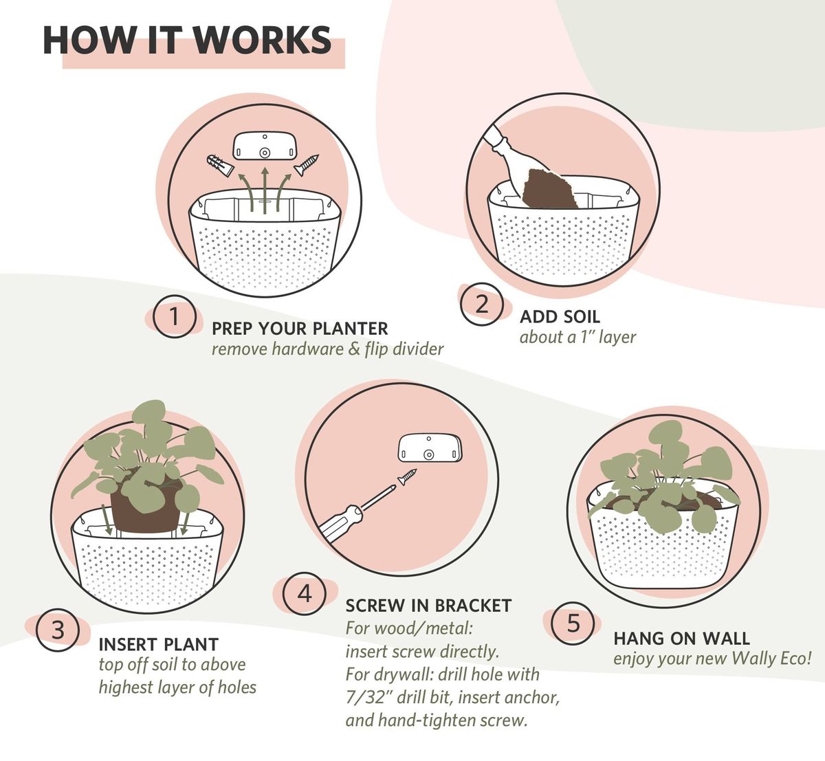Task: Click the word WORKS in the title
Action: pyautogui.click(x=262, y=41)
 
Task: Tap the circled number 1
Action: pyautogui.click(x=174, y=316)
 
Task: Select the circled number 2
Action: pyautogui.click(x=481, y=305)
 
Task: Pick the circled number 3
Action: pyautogui.click(x=58, y=630)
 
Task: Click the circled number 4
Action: pyautogui.click(x=305, y=594)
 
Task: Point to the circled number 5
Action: pyautogui.click(x=573, y=624)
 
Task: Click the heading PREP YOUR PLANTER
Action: pyautogui.click(x=300, y=329)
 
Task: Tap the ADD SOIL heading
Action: pyautogui.click(x=560, y=316)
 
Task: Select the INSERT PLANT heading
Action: pyautogui.click(x=159, y=645)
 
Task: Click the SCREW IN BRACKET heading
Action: pyautogui.click(x=428, y=606)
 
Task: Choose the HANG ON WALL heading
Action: pyautogui.click(x=682, y=639)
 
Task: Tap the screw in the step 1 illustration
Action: pyautogui.click(x=307, y=164)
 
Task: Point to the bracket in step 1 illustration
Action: pyautogui.click(x=265, y=146)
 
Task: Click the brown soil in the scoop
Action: pyautogui.click(x=549, y=188)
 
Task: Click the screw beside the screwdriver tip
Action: pyautogui.click(x=407, y=477)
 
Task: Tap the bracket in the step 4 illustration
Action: pyautogui.click(x=430, y=449)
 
